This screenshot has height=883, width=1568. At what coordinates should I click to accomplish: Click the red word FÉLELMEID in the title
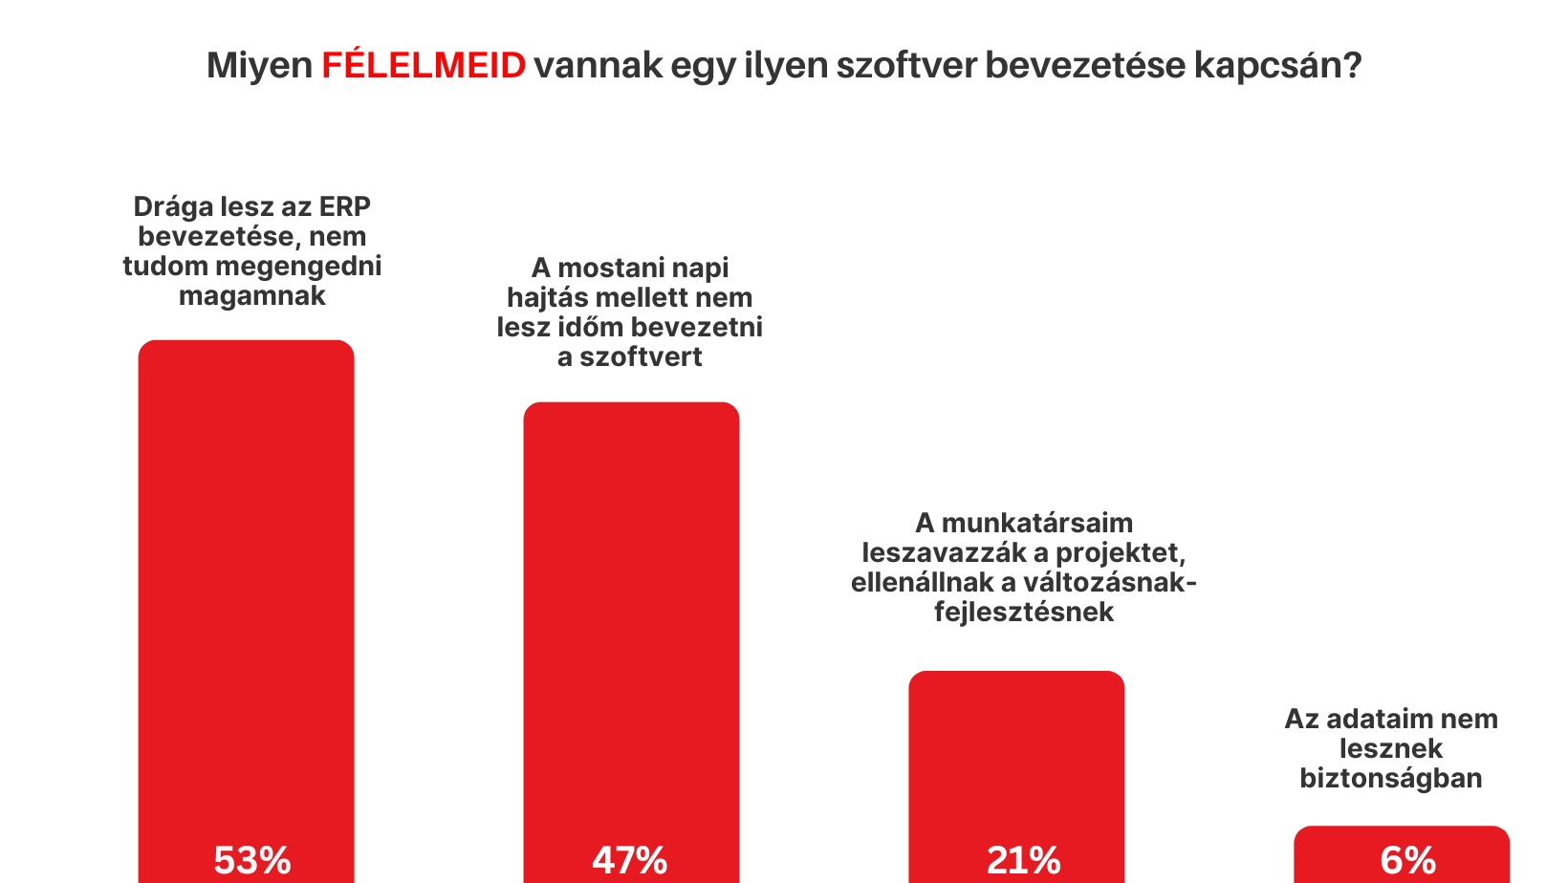point(423,65)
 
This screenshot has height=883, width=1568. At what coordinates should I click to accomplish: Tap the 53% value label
point(251,860)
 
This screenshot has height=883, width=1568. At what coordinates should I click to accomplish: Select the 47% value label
point(629,860)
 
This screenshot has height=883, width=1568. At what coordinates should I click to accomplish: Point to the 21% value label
point(1023,860)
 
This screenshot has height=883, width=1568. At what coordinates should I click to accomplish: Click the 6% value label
point(1407,860)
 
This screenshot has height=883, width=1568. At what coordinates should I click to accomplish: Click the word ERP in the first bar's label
point(345,206)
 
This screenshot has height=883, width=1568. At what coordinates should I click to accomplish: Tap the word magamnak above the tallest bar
point(252,295)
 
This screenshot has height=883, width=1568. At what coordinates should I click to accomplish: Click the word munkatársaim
point(1036,523)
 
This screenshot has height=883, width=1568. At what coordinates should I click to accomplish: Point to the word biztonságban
point(1390,778)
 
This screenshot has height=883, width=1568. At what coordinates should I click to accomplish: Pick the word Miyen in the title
point(259,65)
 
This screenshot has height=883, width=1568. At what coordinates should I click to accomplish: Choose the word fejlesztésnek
point(1024,612)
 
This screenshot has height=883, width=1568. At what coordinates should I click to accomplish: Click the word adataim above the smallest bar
point(1365,719)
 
